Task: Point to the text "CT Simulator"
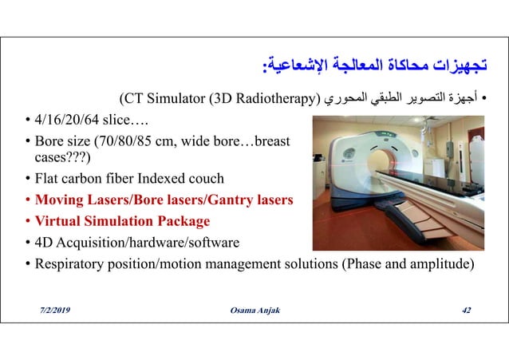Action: click(162, 99)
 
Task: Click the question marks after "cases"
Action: click(76, 157)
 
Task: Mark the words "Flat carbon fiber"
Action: click(78, 178)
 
